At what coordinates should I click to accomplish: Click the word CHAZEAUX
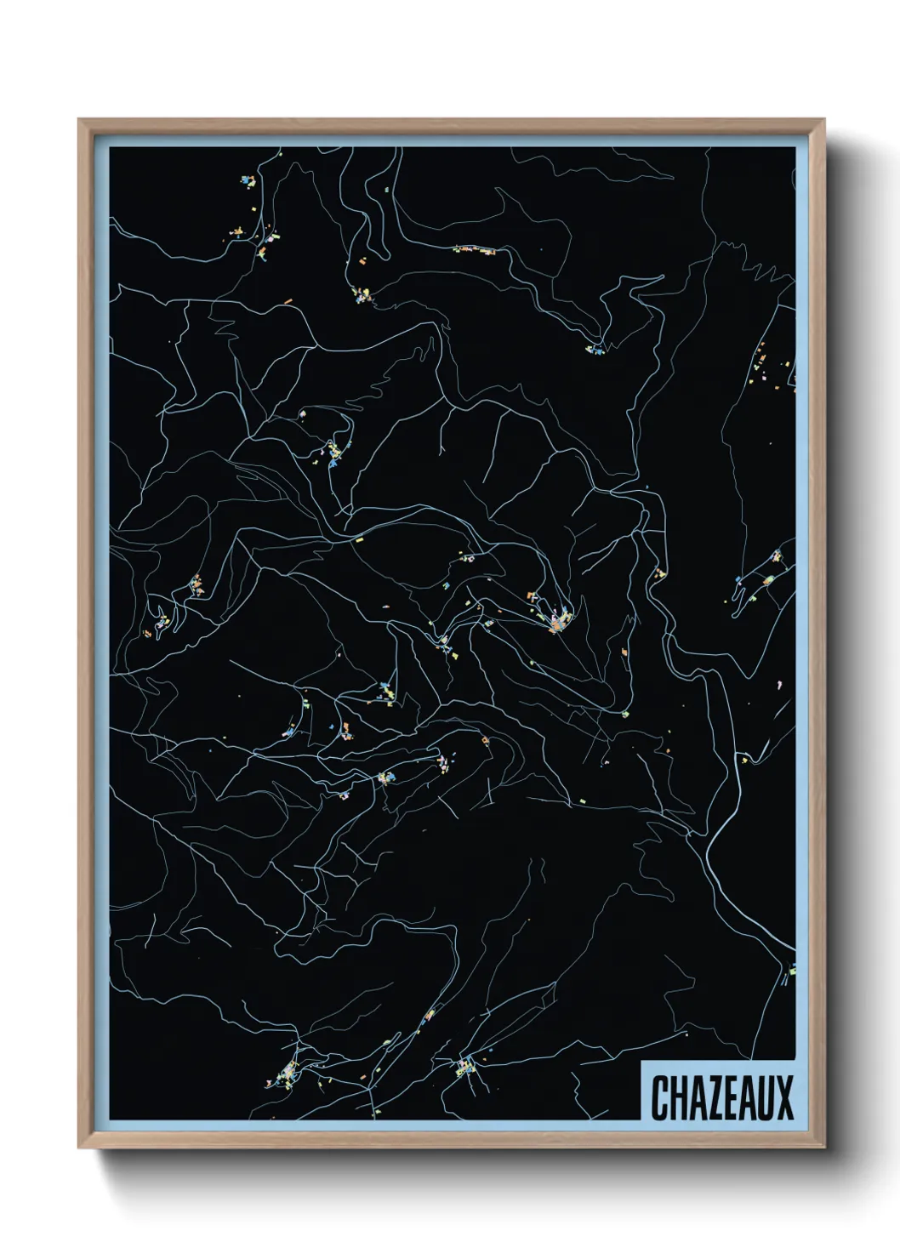[721, 1097]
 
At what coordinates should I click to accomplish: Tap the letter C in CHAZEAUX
[660, 1097]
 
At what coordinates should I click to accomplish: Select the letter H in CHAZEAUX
[678, 1097]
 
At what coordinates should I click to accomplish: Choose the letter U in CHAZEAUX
[765, 1097]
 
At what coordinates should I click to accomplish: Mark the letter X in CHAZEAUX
[783, 1097]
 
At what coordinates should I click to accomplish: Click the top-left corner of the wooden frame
[80, 121]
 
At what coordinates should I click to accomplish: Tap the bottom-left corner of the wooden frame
[80, 1146]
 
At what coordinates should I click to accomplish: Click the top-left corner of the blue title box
[642, 1061]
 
